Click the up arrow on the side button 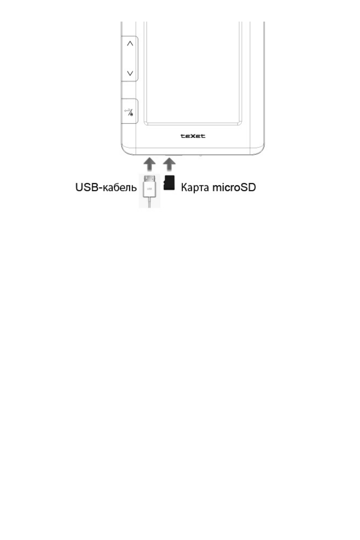tap(130, 44)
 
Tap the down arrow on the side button tap(130, 73)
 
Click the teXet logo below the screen tap(193, 136)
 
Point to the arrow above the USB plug tap(150, 164)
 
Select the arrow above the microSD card tap(169, 164)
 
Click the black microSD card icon tap(169, 183)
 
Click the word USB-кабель tap(106, 187)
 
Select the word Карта tap(195, 187)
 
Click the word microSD tap(234, 187)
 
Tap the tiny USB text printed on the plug tap(150, 189)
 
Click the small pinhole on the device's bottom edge tap(200, 155)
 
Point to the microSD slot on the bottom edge tap(174, 155)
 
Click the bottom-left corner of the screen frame tap(146, 124)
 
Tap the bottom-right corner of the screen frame tap(240, 124)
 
